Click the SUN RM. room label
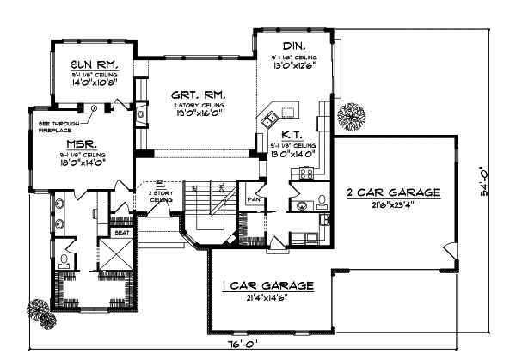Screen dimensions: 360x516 click(95, 64)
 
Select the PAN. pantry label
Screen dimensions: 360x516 click(255, 199)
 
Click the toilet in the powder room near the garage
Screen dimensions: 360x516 click(321, 203)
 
